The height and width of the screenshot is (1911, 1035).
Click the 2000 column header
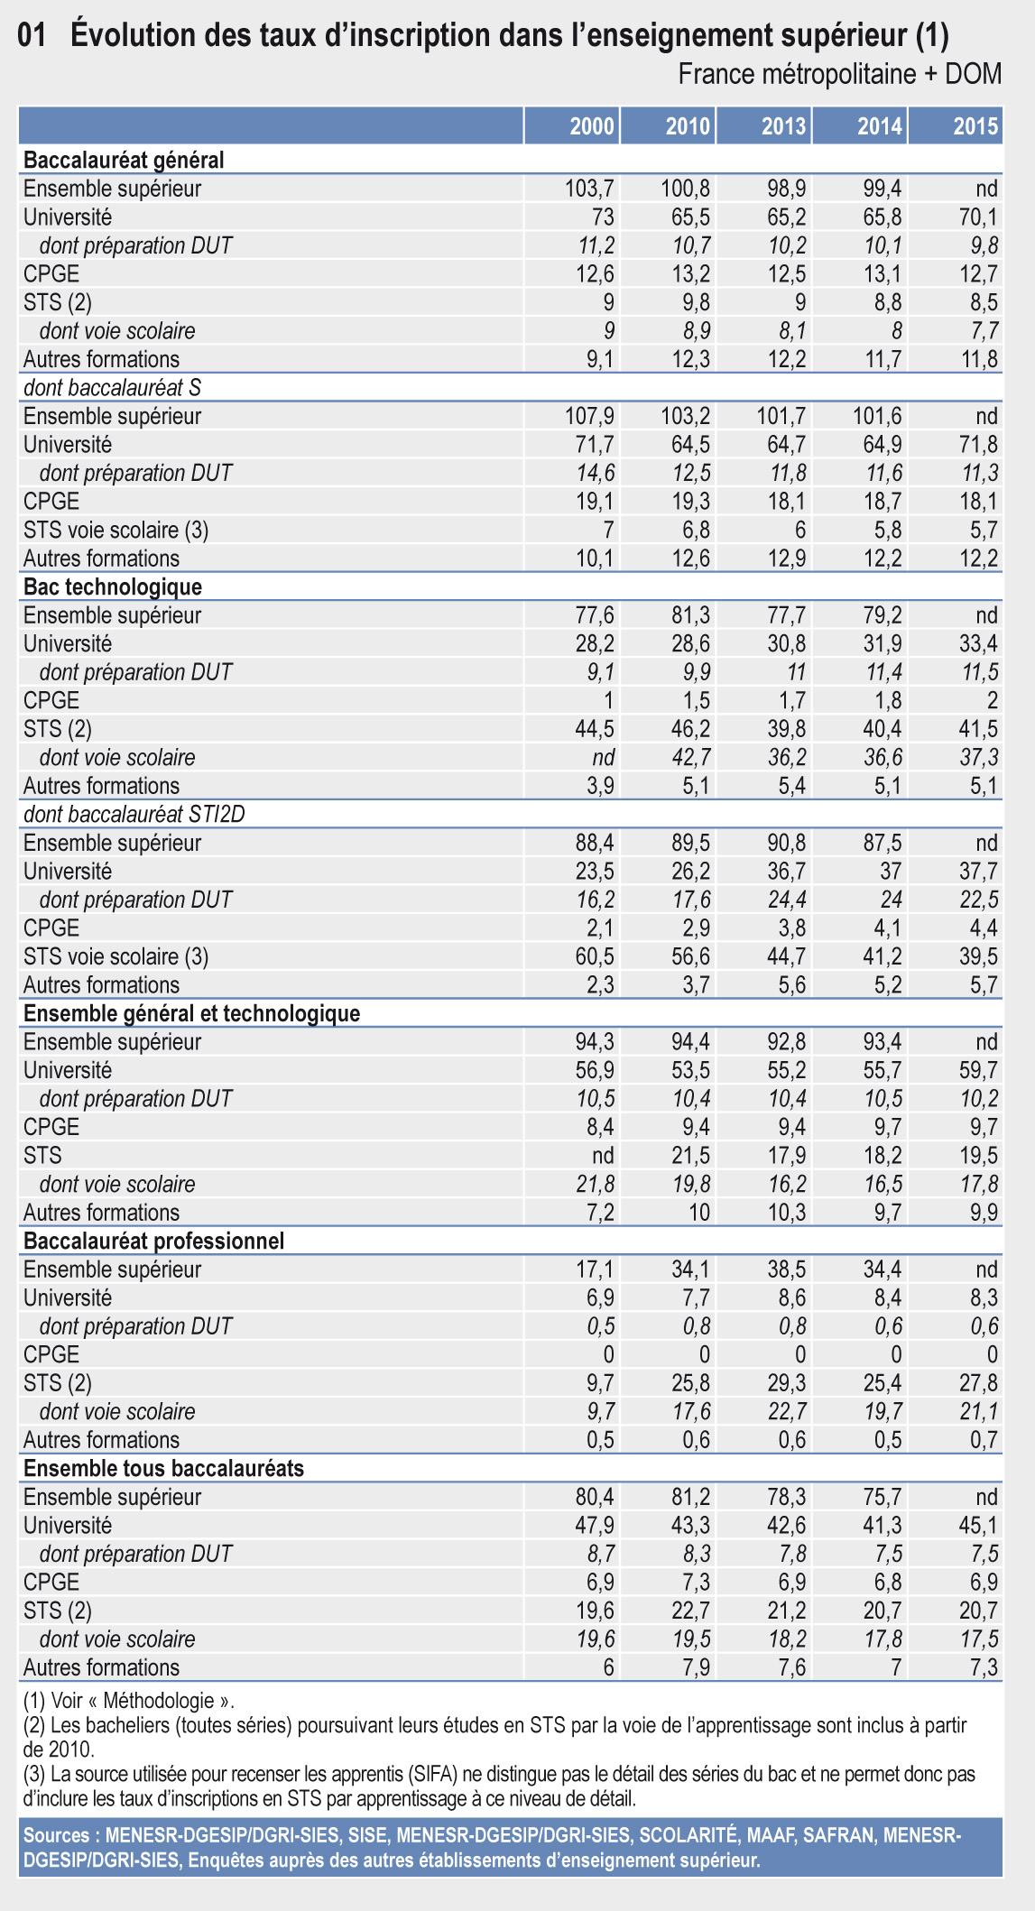592,126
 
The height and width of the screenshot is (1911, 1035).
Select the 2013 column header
783,126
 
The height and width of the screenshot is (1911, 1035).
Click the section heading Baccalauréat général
124,161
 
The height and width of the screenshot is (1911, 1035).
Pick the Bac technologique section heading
113,586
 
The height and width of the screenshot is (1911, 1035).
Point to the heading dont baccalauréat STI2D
134,814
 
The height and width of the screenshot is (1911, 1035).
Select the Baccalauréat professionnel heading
153,1241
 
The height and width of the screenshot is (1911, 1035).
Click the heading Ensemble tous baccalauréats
163,1468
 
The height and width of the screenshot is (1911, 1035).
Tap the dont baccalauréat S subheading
113,387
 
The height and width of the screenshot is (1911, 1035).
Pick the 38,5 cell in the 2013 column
786,1269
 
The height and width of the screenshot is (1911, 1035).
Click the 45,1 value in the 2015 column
979,1525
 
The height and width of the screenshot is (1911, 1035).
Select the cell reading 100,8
682,189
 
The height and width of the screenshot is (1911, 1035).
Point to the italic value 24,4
786,900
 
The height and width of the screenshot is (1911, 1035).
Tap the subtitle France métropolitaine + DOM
839,74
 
